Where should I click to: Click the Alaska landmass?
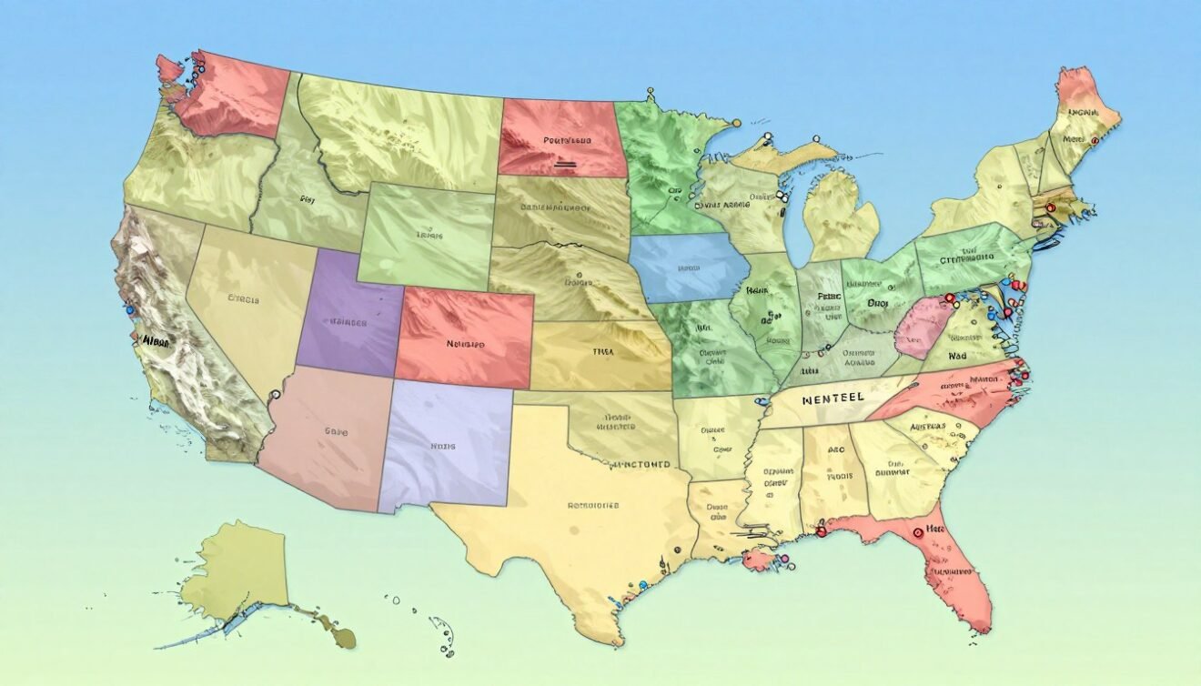pos(235,569)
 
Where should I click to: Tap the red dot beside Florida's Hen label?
pos(917,534)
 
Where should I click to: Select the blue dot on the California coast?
pos(130,310)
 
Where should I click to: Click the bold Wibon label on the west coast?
pos(156,341)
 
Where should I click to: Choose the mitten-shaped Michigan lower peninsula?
pos(842,218)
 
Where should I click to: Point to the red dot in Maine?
pos(1094,141)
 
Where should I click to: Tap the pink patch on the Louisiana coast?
pos(757,559)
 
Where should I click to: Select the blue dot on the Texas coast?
pos(643,585)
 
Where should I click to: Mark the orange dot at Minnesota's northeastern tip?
pos(736,122)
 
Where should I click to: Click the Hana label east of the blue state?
pos(756,292)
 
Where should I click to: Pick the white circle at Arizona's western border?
pos(274,394)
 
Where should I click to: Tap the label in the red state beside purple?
pos(465,344)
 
